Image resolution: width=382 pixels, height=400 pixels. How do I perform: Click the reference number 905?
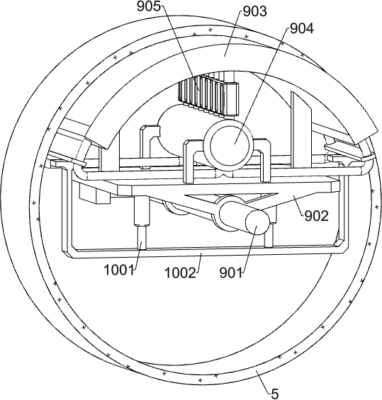[x=150, y=7]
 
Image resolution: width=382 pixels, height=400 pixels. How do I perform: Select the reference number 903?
[x=255, y=11]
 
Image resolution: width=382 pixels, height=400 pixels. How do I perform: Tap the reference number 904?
[x=302, y=29]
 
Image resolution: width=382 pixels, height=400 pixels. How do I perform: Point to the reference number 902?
[x=316, y=217]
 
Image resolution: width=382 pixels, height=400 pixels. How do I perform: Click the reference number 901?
[x=231, y=273]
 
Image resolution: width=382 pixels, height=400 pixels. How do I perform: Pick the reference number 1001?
[x=119, y=270]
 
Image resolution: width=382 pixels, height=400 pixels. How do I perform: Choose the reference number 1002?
[x=180, y=273]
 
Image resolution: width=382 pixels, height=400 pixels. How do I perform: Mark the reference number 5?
[x=274, y=394]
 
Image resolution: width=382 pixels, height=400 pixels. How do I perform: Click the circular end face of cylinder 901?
[x=257, y=222]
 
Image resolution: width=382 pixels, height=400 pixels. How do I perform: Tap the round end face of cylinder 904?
[x=230, y=145]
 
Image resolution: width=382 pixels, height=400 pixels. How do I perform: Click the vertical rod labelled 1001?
[x=141, y=237]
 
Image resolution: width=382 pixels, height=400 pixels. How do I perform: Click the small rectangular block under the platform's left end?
[x=95, y=194]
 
